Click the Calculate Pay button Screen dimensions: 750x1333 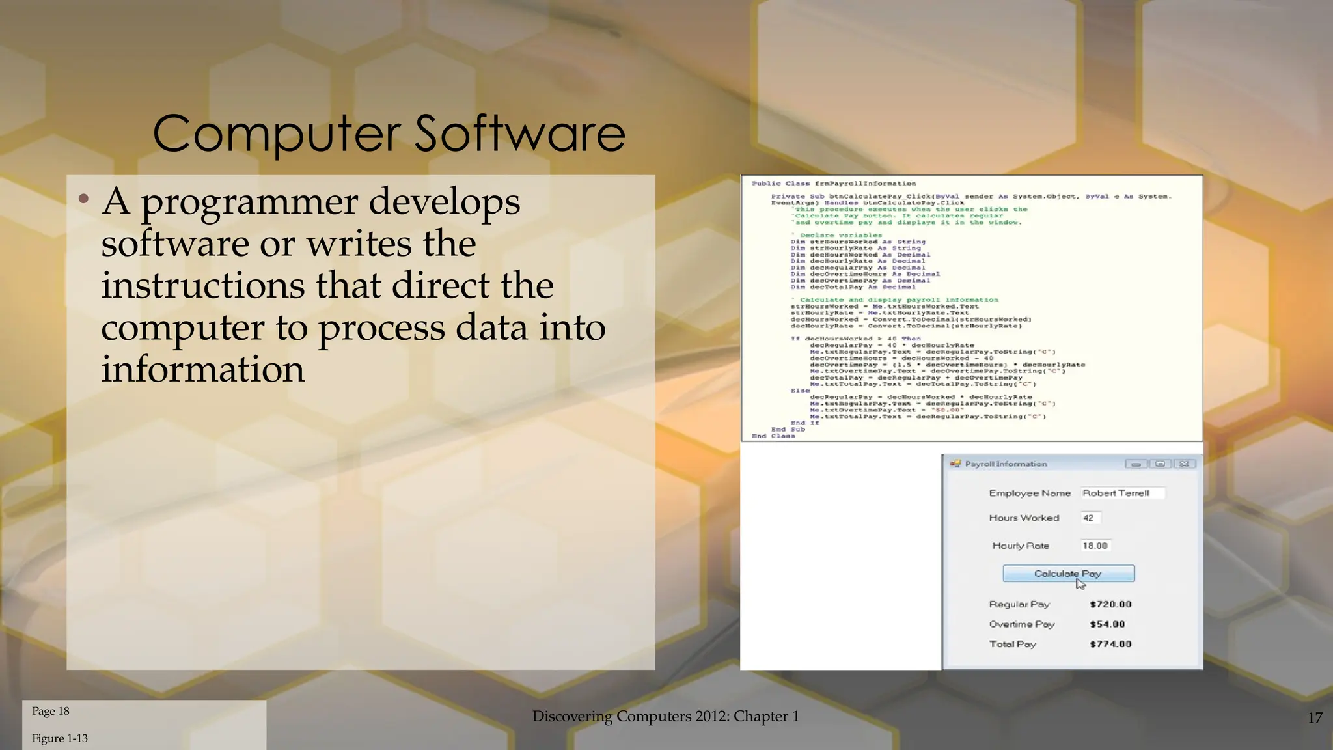pyautogui.click(x=1068, y=574)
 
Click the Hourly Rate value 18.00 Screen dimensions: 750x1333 pyautogui.click(x=1095, y=546)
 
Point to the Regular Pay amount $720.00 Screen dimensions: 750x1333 pyautogui.click(x=1110, y=604)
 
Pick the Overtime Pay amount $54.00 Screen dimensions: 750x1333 pyautogui.click(x=1107, y=624)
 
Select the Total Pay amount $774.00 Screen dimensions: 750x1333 pyautogui.click(x=1110, y=644)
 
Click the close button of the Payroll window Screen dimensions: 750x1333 pyautogui.click(x=1185, y=464)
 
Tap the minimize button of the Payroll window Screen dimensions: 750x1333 pyautogui.click(x=1136, y=464)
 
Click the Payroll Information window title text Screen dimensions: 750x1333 pyautogui.click(x=1006, y=464)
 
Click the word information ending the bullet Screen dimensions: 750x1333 pyautogui.click(x=202, y=369)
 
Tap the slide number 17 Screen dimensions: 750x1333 pyautogui.click(x=1314, y=717)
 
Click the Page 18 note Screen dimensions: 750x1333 pyautogui.click(x=51, y=711)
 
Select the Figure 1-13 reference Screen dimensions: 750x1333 pyautogui.click(x=60, y=738)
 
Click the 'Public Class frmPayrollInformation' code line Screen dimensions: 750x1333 pyautogui.click(x=834, y=184)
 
